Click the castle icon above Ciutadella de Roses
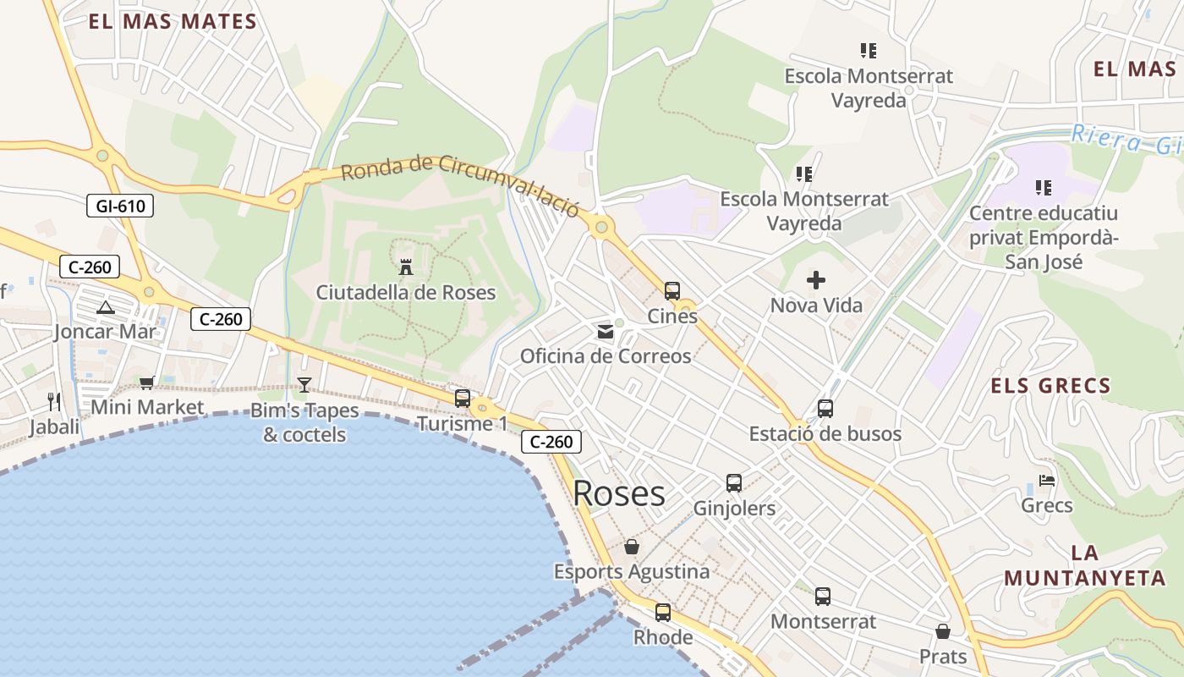tap(406, 267)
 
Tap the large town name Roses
tap(619, 493)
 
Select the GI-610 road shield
tap(120, 205)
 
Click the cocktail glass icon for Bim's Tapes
tap(304, 385)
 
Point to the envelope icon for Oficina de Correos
tap(606, 332)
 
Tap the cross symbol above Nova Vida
tap(816, 279)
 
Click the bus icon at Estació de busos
tap(825, 409)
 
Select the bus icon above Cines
tap(672, 291)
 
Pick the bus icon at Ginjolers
tap(734, 483)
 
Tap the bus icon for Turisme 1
tap(463, 398)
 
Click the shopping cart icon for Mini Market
tap(147, 383)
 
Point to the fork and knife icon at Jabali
tap(55, 401)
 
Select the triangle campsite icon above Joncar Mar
tap(105, 307)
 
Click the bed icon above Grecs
tap(1047, 481)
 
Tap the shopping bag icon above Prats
tap(943, 631)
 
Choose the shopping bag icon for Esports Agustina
tap(632, 547)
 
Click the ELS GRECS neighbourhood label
tap(1050, 387)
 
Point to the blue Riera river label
tap(1125, 140)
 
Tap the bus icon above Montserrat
tap(823, 596)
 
